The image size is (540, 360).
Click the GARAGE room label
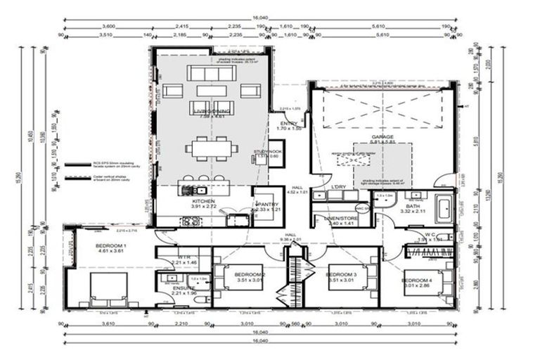[x=382, y=137]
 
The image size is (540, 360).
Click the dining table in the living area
[x=207, y=148]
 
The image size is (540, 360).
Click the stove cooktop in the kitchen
[x=191, y=221]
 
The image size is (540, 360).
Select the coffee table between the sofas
[x=211, y=91]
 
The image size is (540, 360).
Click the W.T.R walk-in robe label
[x=184, y=257]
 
